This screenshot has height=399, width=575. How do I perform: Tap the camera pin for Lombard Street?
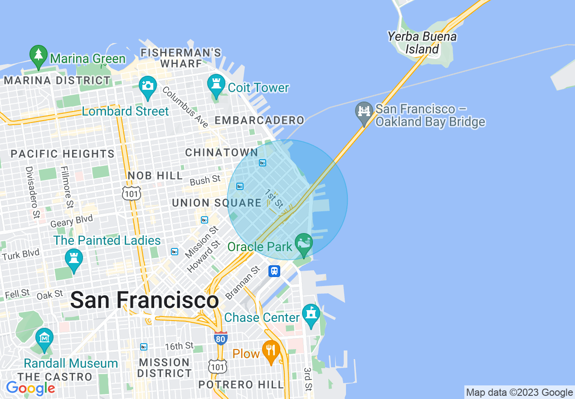pyautogui.click(x=148, y=87)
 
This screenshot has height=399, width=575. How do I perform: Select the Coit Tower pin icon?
pyautogui.click(x=216, y=85)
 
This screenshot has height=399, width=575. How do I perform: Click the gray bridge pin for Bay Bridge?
pyautogui.click(x=364, y=113)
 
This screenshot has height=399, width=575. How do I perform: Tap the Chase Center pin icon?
pyautogui.click(x=311, y=315)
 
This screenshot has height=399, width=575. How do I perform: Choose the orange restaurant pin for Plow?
pyautogui.click(x=271, y=351)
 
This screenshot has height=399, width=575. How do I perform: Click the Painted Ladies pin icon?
pyautogui.click(x=73, y=260)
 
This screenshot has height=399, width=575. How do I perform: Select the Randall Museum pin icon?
pyautogui.click(x=44, y=339)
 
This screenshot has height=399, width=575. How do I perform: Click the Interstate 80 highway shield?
pyautogui.click(x=220, y=337)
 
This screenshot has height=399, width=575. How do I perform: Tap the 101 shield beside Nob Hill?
pyautogui.click(x=131, y=193)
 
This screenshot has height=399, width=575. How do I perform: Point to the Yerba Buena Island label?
pyautogui.click(x=422, y=43)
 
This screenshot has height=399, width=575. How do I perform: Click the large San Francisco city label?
pyautogui.click(x=144, y=300)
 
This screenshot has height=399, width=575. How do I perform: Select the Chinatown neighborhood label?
pyautogui.click(x=221, y=153)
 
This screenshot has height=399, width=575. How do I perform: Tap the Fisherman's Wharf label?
pyautogui.click(x=181, y=58)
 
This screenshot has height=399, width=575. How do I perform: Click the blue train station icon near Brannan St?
pyautogui.click(x=274, y=271)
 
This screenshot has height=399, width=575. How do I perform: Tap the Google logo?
pyautogui.click(x=30, y=389)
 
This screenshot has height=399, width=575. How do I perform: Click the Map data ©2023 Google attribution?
pyautogui.click(x=519, y=393)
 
